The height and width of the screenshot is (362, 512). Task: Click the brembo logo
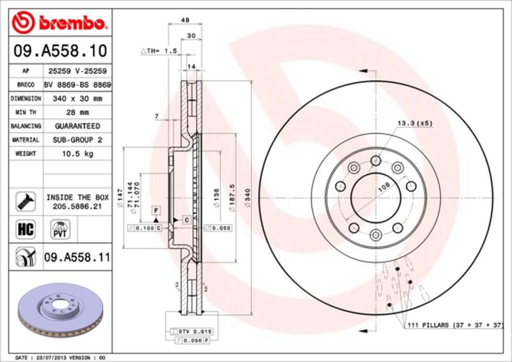pyautogui.click(x=58, y=24)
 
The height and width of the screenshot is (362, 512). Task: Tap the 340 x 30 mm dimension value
pyautogui.click(x=77, y=99)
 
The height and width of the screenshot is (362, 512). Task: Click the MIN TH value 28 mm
pyautogui.click(x=77, y=113)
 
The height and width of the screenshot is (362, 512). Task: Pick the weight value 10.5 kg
pyautogui.click(x=77, y=154)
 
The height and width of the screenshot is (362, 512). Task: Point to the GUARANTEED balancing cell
pyautogui.click(x=77, y=127)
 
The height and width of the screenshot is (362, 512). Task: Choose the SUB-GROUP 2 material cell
pyautogui.click(x=77, y=140)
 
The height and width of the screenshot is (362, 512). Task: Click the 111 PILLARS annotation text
pyautogui.click(x=455, y=326)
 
